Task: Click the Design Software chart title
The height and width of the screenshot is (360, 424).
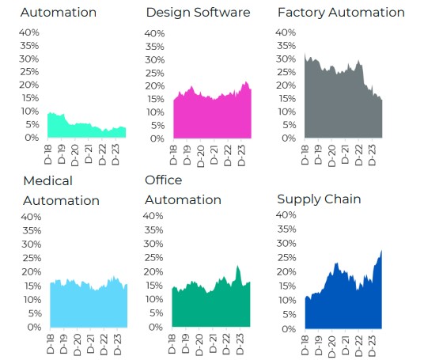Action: [x=198, y=13]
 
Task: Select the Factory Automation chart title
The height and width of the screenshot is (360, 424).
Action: [x=340, y=13]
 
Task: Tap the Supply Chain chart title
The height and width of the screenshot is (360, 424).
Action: [x=319, y=198]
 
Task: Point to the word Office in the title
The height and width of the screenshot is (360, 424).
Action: [x=164, y=180]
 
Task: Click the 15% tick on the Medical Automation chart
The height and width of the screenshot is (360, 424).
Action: [x=31, y=286]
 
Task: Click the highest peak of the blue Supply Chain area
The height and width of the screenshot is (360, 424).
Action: [x=381, y=251]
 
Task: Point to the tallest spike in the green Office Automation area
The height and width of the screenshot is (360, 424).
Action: [x=238, y=267]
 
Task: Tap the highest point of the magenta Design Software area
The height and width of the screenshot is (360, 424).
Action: [x=245, y=82]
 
